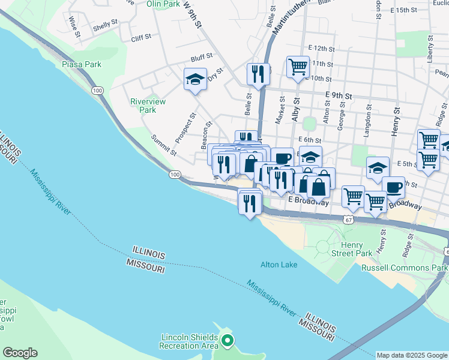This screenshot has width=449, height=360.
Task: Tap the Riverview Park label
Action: coord(143,106)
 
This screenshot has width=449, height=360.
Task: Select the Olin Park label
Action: coord(163,4)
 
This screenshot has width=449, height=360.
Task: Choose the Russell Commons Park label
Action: coord(404,268)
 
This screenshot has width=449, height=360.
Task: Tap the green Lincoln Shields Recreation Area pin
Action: coord(227,341)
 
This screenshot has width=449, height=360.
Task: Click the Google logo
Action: coord(20,353)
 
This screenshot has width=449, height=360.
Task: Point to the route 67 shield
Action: coord(348,221)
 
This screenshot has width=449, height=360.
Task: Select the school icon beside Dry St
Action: coord(195,80)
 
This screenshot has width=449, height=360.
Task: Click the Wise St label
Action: coord(74,26)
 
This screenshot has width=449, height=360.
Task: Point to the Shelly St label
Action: coord(103,28)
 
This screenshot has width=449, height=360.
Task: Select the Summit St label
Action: coord(163,145)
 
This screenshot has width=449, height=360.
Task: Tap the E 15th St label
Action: coord(403,11)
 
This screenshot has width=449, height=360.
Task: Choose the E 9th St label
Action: coord(338,95)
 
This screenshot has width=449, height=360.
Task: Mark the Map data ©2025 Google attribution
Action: coord(412,355)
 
